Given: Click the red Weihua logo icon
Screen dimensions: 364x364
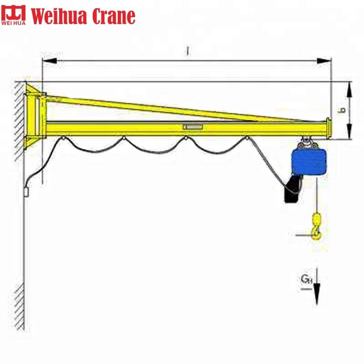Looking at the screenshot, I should click(x=15, y=15).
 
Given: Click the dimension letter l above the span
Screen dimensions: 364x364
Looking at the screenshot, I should click(x=187, y=51).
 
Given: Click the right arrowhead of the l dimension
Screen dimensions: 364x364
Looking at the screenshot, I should click(x=324, y=60).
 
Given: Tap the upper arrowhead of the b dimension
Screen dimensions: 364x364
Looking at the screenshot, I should click(x=349, y=89).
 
